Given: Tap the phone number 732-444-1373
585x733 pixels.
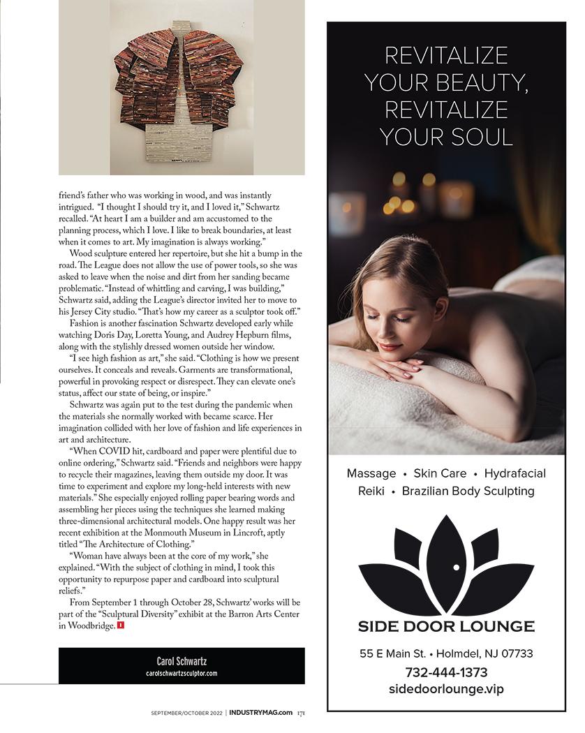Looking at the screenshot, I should [446, 672].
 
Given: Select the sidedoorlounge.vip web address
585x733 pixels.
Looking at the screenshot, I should [446, 689].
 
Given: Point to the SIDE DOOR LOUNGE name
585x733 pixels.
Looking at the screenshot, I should [446, 626].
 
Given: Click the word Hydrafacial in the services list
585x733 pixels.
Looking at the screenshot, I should [515, 473].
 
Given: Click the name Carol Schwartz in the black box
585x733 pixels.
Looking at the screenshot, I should [182, 660].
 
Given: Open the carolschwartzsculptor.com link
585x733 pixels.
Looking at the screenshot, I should [182, 673].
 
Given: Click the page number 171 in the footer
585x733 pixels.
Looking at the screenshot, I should [300, 713].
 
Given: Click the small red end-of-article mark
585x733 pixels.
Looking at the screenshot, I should [121, 625].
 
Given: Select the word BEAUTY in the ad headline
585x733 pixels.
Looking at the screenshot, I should [487, 82].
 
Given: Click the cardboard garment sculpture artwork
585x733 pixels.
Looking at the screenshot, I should [182, 94].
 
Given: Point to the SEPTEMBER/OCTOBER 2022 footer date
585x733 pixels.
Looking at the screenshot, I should [186, 713].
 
